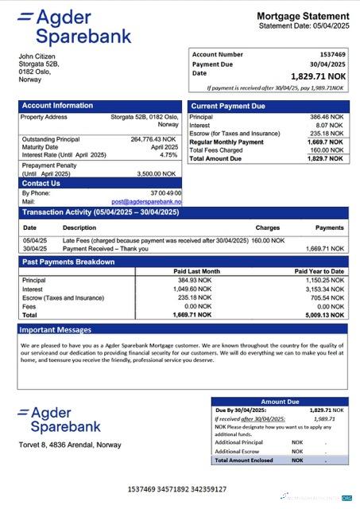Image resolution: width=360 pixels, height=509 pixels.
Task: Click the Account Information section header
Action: (x=57, y=106)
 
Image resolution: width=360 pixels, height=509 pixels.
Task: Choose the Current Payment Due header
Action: (x=228, y=106)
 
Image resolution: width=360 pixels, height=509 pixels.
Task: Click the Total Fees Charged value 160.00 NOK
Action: (x=327, y=150)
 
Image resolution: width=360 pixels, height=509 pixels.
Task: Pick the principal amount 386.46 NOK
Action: (x=327, y=116)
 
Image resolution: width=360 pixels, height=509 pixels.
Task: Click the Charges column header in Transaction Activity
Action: (x=267, y=227)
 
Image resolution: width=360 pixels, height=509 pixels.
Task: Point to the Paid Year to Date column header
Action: (x=319, y=271)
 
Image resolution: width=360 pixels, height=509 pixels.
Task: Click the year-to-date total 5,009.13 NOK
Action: (x=326, y=314)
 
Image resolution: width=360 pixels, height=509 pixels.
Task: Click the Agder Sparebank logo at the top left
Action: (x=73, y=26)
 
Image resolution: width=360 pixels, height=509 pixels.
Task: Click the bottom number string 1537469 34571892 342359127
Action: (x=176, y=489)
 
